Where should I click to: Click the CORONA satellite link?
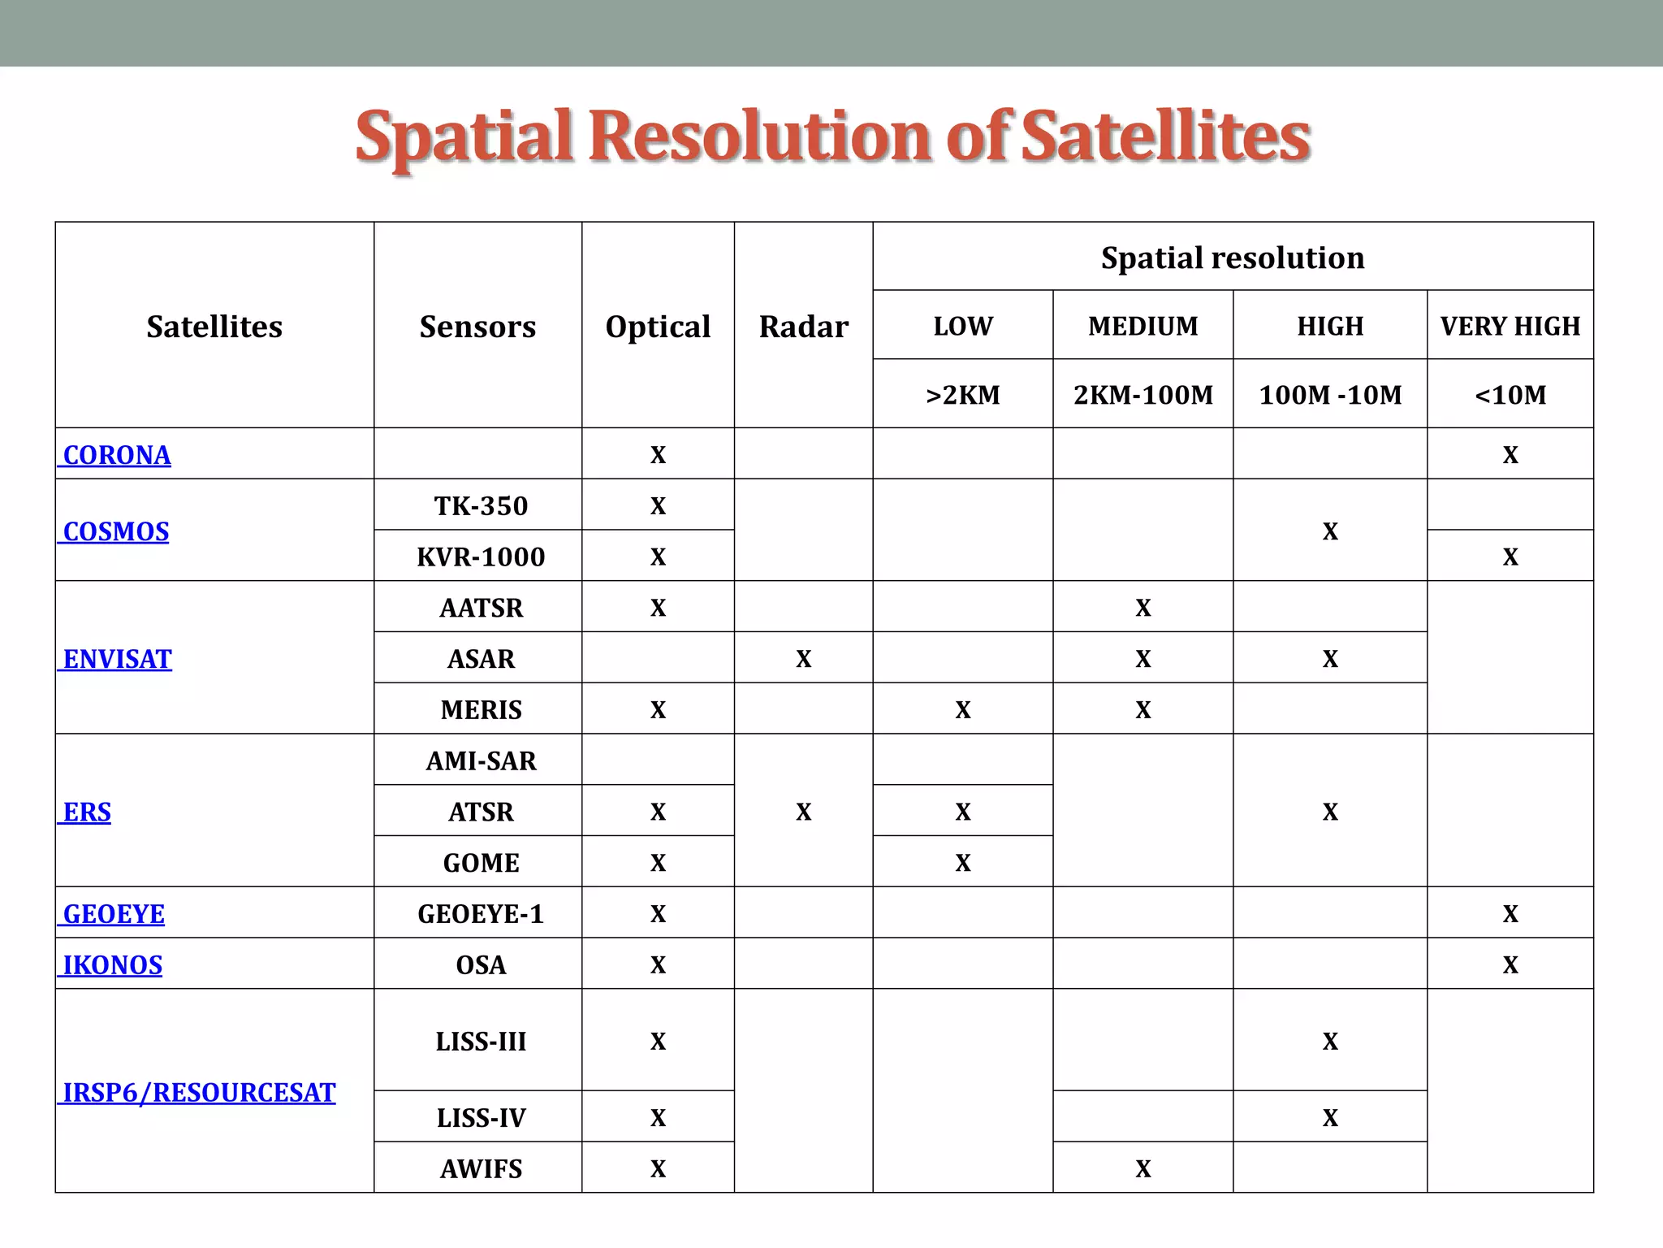coord(117,455)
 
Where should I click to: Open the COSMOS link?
coord(116,531)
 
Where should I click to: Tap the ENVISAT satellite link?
coord(118,659)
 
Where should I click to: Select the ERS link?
coord(87,812)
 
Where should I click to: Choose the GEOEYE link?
coord(114,914)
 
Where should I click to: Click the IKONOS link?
coord(113,965)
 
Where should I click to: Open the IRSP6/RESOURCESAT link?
coord(199,1093)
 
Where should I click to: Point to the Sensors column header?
coord(477,327)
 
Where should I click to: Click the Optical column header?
coord(658,327)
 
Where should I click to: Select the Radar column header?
coord(803,327)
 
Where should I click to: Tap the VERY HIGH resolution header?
coord(1510,326)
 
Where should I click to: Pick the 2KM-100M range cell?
coord(1143,395)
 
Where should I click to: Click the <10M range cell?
coord(1510,395)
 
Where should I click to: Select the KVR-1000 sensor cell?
coord(481,557)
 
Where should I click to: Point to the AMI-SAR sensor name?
coord(481,761)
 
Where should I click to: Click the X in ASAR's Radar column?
coord(803,659)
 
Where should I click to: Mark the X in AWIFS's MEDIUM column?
coord(1143,1169)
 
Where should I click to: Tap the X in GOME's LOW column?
coord(962,863)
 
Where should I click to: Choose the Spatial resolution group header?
coord(1233,258)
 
